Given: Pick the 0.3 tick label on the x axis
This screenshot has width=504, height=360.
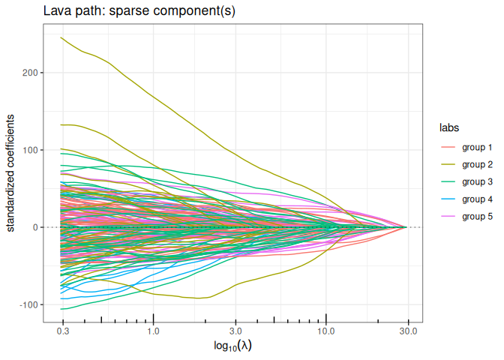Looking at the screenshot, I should point(62,331).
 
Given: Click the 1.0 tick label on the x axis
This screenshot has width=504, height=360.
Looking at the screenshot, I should point(153,331).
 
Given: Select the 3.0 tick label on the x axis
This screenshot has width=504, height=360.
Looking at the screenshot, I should point(235,331).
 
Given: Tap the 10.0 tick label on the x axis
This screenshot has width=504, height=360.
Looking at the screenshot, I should point(326,331).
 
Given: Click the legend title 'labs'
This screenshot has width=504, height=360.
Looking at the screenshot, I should point(449,127).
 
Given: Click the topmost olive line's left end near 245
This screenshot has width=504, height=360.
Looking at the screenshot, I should point(61,37).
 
